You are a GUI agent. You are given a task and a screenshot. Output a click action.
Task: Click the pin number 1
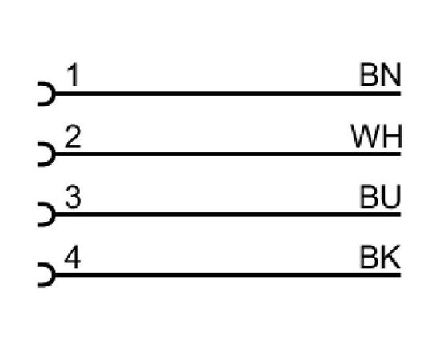point(72,74)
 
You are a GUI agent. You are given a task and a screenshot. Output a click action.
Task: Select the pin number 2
point(73,136)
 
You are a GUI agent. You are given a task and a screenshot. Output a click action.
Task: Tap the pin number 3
point(73,197)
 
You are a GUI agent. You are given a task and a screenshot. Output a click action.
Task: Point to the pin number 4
point(72,257)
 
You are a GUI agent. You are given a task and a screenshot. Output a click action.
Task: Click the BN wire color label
point(380,74)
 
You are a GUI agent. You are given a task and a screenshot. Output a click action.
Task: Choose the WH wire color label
point(377,136)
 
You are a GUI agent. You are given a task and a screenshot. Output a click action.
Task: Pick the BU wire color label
point(380,197)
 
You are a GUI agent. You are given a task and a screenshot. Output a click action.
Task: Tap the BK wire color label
point(380,257)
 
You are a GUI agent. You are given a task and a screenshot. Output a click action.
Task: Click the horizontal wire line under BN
point(228,94)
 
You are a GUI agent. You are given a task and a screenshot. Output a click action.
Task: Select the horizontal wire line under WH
point(228,154)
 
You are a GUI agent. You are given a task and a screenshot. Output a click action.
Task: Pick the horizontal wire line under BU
point(228,214)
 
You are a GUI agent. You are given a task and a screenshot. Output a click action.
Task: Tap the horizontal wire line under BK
point(228,274)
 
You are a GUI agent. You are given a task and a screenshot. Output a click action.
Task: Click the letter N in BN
point(391,74)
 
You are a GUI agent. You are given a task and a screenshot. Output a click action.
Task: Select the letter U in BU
point(391,197)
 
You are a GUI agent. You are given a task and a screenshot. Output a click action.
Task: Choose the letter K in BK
point(391,257)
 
